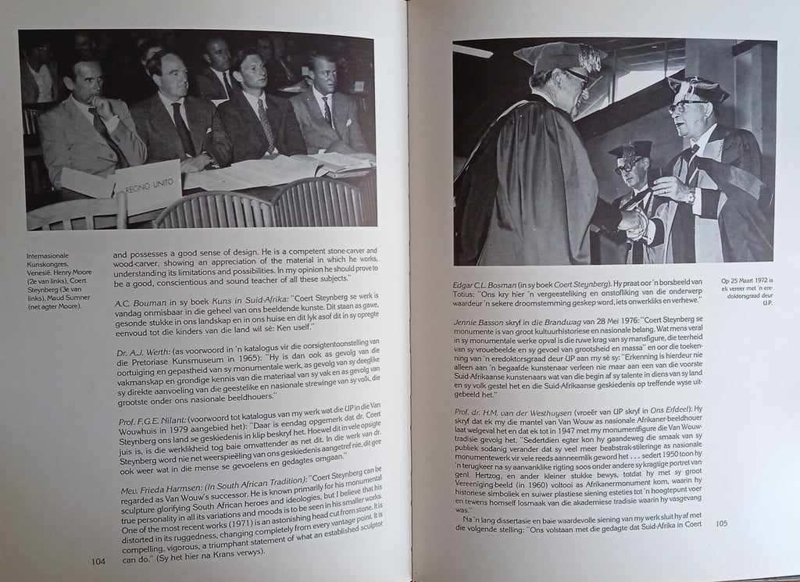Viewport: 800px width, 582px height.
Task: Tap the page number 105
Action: coord(720,523)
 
